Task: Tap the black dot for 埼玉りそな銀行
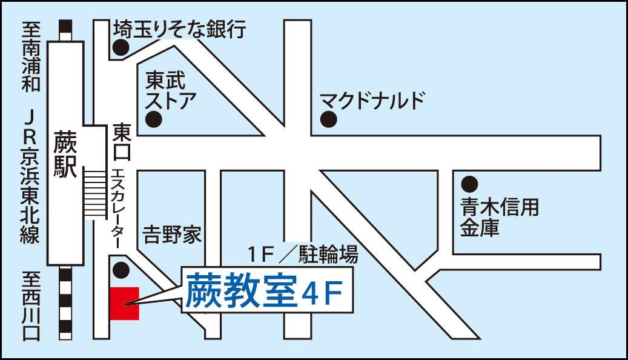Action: point(122,47)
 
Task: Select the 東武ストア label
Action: point(168,89)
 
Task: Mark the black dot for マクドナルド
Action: point(328,119)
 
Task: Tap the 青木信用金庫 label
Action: point(498,218)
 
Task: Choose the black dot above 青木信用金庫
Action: point(469,183)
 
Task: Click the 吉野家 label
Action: point(172,235)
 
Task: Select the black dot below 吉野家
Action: point(122,269)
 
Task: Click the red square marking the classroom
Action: point(125,303)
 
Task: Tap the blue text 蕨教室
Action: point(240,291)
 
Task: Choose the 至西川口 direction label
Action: point(31,305)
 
